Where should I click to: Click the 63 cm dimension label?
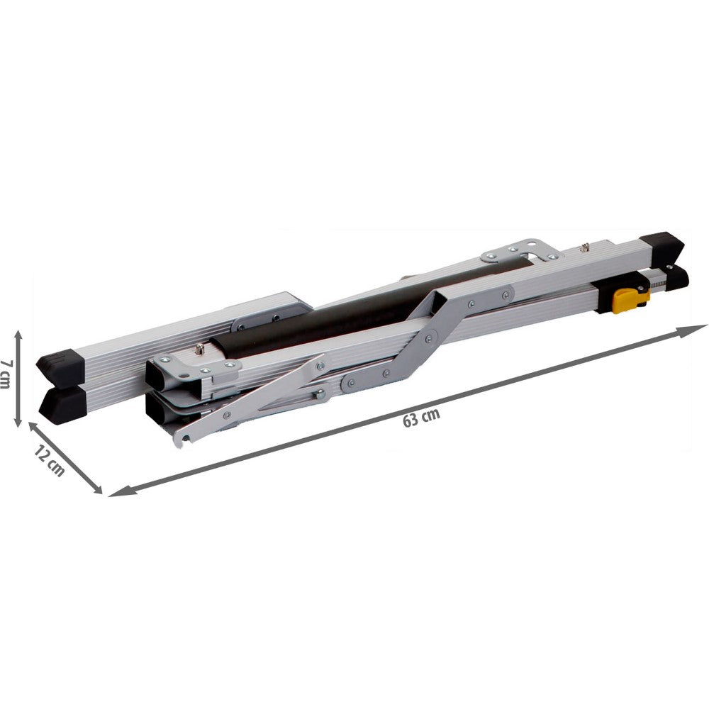[421, 418]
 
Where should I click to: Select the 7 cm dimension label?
[6, 374]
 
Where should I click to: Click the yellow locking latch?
[630, 301]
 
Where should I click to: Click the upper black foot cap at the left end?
[61, 367]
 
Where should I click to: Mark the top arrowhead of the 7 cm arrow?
[18, 335]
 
